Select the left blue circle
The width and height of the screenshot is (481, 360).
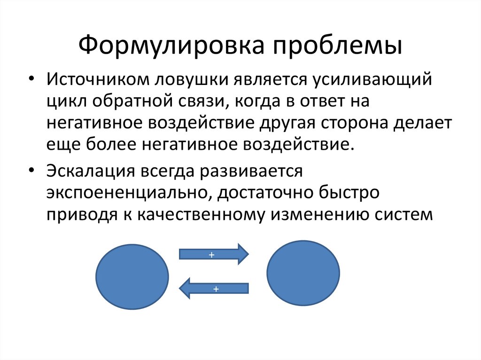[x=132, y=276]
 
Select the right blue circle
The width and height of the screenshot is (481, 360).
[x=303, y=273]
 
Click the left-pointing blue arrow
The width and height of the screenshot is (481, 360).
[x=214, y=289]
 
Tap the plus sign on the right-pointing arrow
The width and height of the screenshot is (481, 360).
[x=211, y=254]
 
